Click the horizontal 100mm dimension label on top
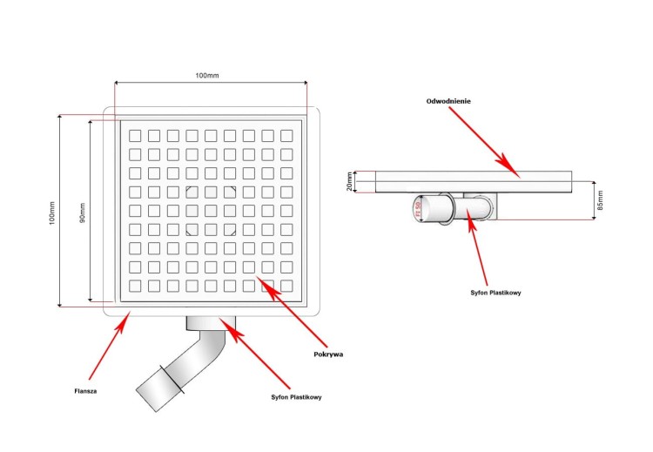207,76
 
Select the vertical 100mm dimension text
51,213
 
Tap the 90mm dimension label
82,212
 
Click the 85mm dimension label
599,200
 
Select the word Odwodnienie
448,101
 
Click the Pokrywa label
328,354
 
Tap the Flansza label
85,391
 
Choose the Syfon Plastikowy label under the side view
496,293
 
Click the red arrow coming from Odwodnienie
488,141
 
